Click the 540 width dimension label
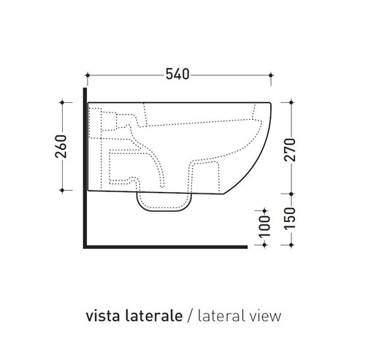[177, 74]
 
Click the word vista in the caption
[102, 316]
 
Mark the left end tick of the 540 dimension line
[86, 74]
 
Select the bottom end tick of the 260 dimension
[64, 191]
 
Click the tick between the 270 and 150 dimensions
[293, 195]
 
